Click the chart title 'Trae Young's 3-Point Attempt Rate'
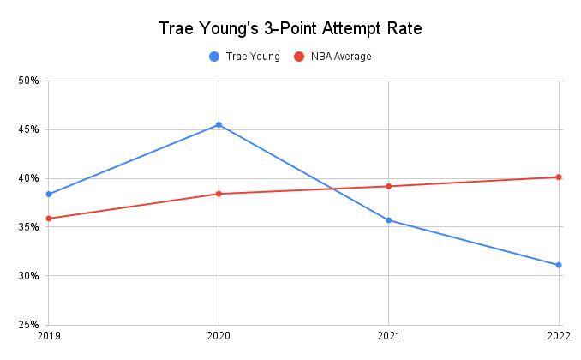pos(290,28)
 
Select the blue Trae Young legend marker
pos(213,57)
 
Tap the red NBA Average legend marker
pos(298,57)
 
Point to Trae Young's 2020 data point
pos(219,125)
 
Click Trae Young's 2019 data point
pos(49,194)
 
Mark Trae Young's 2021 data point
pos(389,220)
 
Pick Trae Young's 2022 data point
pos(559,265)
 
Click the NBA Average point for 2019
pos(49,219)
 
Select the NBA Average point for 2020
pos(219,194)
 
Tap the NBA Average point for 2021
pos(389,186)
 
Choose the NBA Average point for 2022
pos(559,177)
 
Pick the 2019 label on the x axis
pos(49,338)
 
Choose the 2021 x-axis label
pos(389,338)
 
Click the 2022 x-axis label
pos(559,338)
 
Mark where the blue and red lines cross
pos(332,189)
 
